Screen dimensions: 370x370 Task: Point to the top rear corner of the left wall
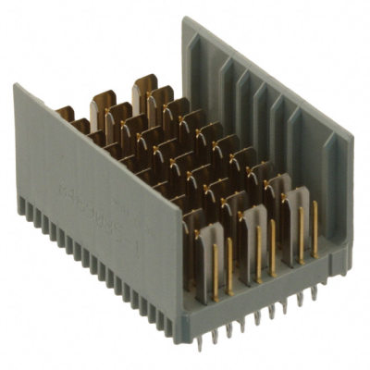click(16, 86)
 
